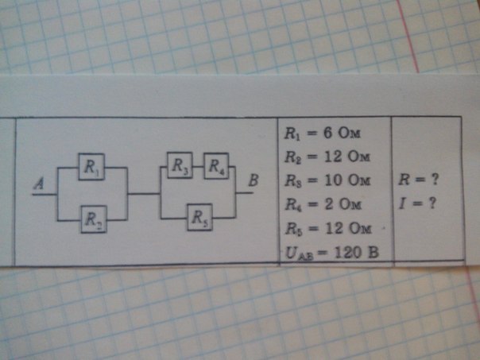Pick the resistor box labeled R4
pos(215,167)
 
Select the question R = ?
pos(421,180)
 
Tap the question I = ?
pos(420,204)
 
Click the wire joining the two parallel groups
pos(144,193)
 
